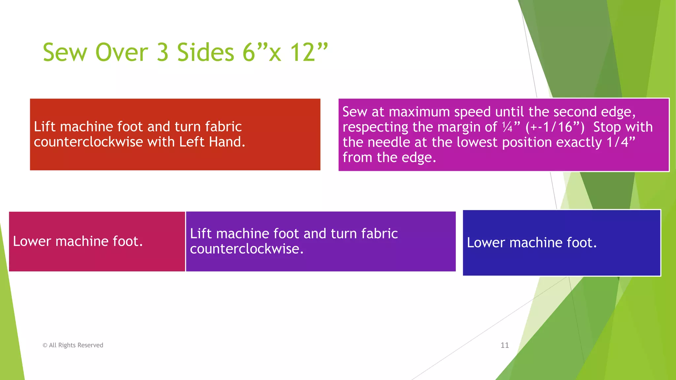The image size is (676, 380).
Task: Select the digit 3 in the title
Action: tap(162, 52)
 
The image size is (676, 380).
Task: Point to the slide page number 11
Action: tap(505, 345)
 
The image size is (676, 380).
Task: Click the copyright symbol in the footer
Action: tap(45, 345)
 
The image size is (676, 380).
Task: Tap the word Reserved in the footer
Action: tap(90, 345)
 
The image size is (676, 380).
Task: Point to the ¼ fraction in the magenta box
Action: tap(507, 127)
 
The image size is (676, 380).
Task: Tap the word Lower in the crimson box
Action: tap(32, 241)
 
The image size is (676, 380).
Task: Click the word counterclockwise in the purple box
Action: tap(247, 249)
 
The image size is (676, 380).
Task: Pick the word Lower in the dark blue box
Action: tap(486, 242)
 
